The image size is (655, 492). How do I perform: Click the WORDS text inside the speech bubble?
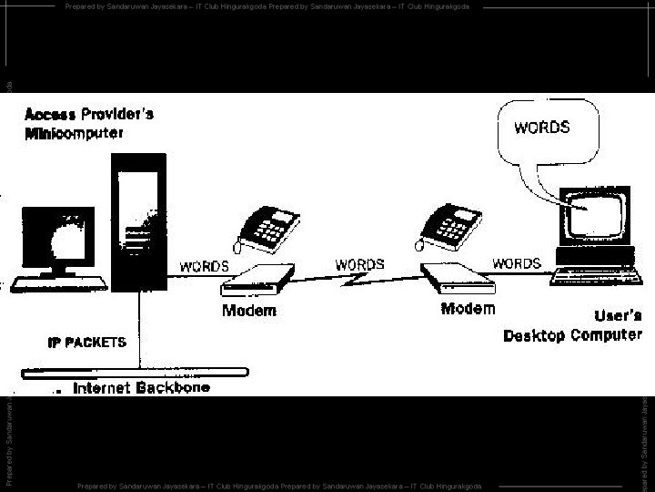(x=542, y=128)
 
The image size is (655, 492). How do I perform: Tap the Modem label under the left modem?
(x=248, y=311)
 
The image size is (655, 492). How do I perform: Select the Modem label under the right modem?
(x=468, y=309)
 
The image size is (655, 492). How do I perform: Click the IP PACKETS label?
(x=87, y=343)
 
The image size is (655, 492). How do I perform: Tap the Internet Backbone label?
(x=141, y=388)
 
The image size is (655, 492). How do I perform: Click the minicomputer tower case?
(x=136, y=223)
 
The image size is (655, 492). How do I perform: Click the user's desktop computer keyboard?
(x=596, y=272)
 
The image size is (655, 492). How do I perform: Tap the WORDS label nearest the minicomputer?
(x=204, y=267)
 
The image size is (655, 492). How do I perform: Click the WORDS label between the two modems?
(x=360, y=264)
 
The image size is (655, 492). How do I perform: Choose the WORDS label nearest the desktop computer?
(x=517, y=264)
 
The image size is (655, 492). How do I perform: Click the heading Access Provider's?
(x=89, y=115)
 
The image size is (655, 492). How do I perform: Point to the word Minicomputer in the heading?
(x=75, y=133)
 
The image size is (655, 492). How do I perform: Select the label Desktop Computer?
(x=573, y=335)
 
